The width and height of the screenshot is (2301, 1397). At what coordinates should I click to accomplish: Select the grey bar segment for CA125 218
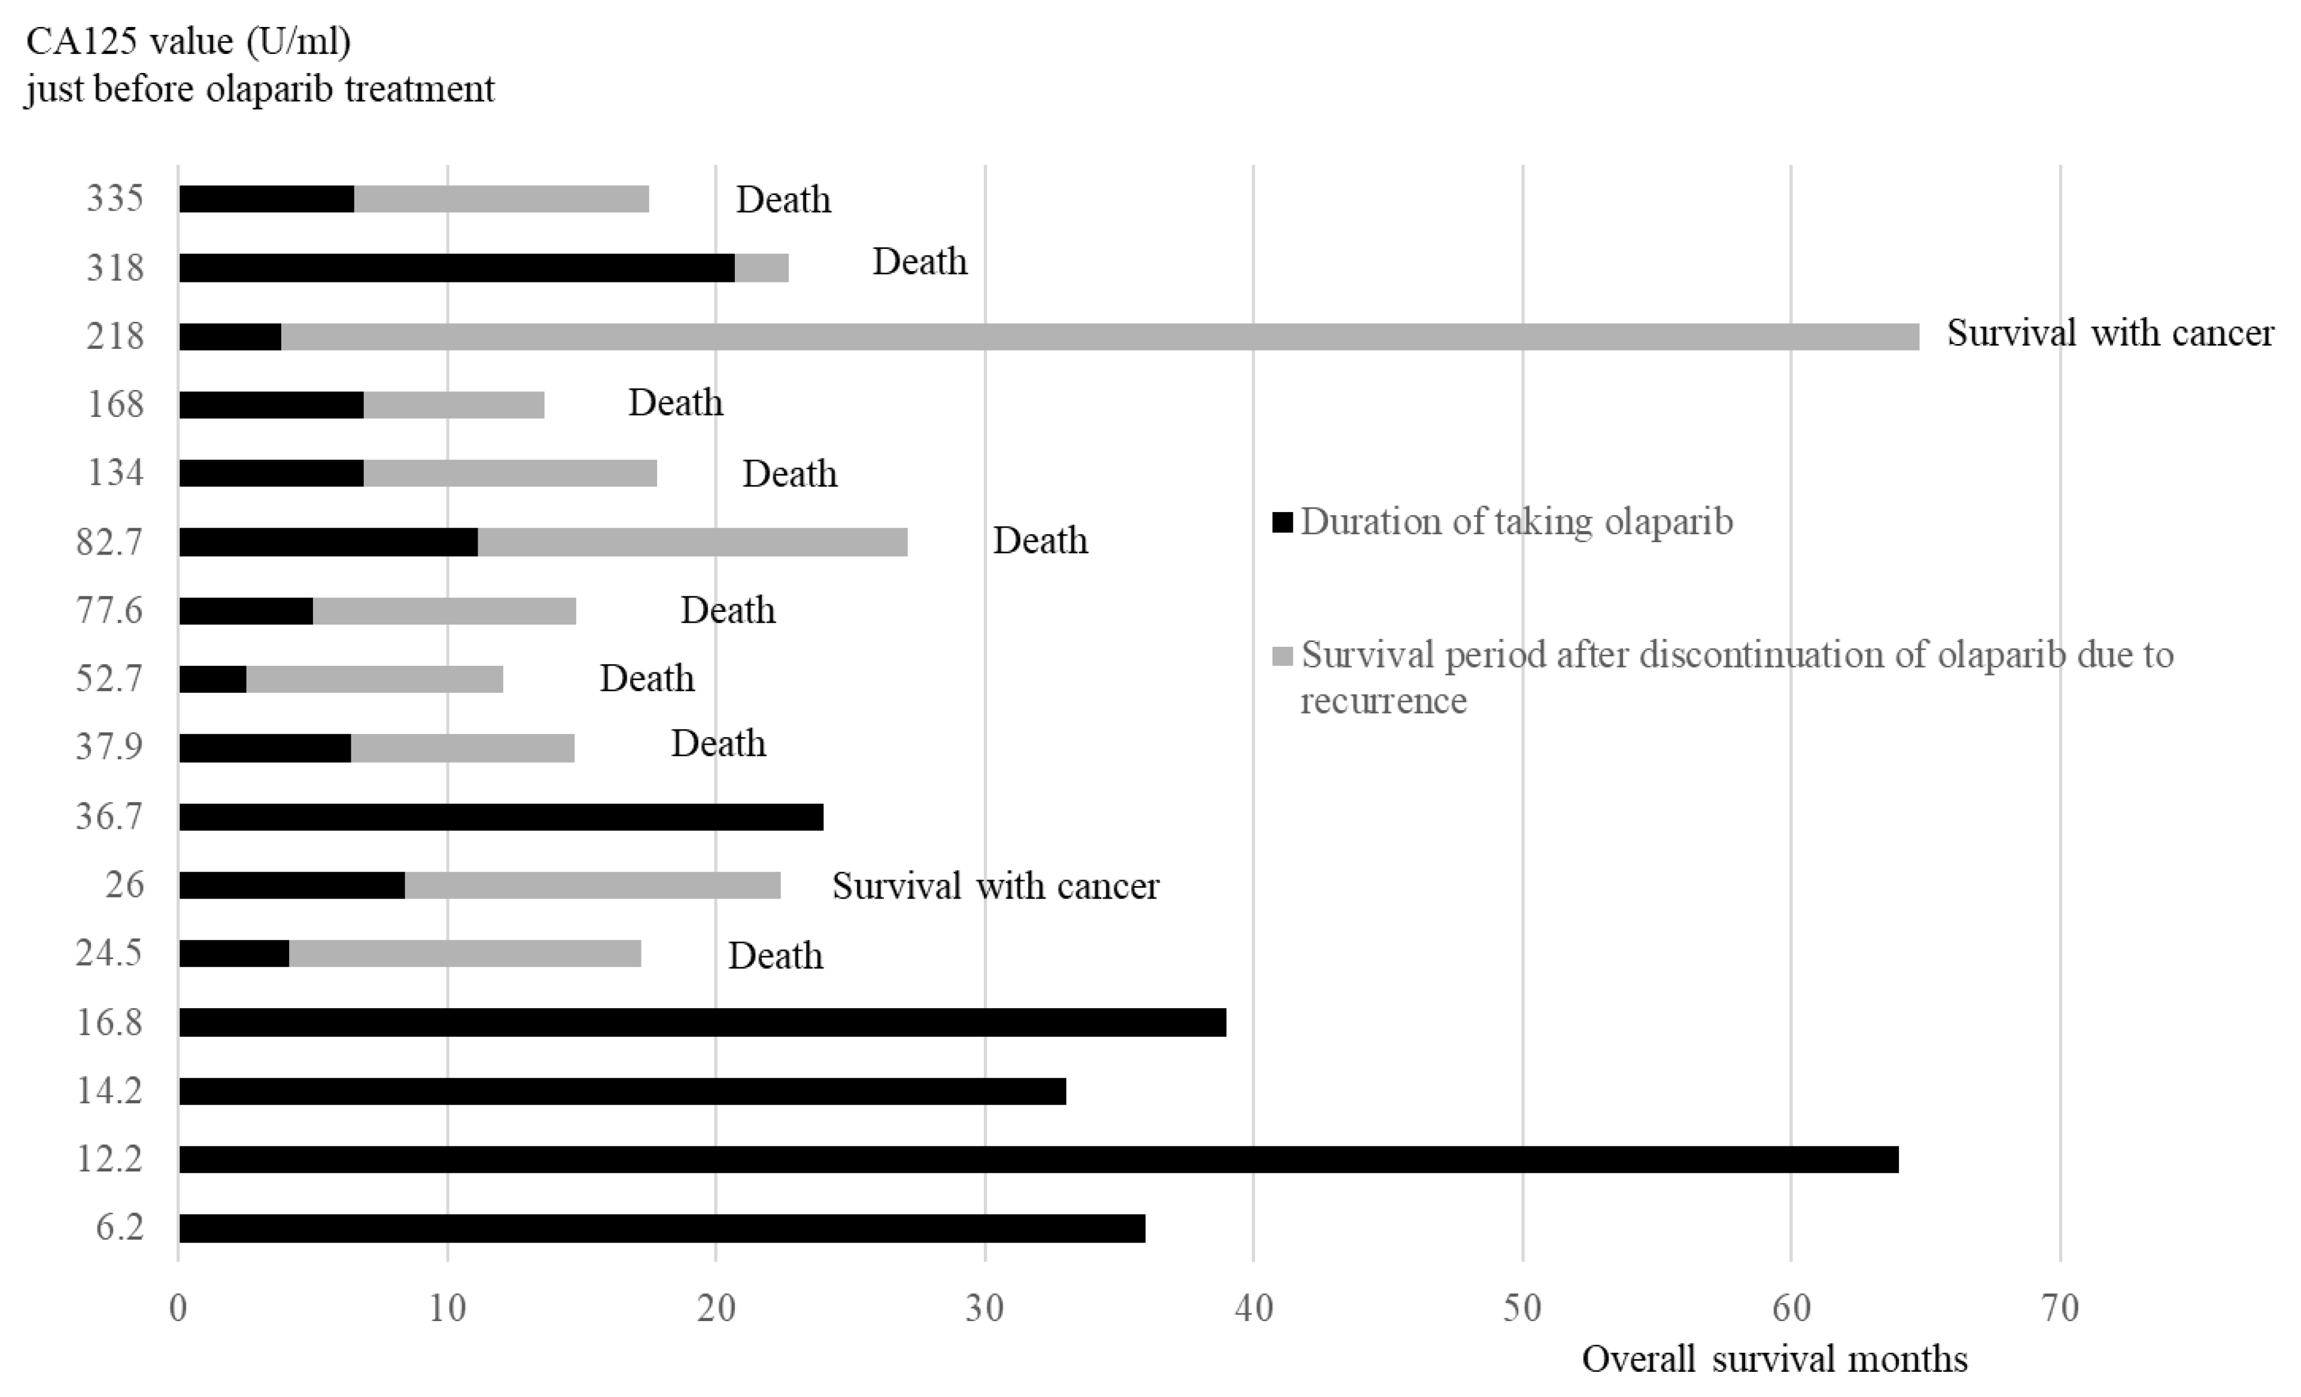(1100, 336)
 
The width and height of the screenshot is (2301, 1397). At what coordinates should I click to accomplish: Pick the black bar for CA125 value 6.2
(661, 1228)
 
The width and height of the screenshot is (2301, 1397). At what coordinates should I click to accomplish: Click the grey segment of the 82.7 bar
(692, 541)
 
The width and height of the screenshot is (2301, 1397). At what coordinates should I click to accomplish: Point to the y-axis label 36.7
(110, 816)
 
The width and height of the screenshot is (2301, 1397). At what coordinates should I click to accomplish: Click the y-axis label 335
(115, 198)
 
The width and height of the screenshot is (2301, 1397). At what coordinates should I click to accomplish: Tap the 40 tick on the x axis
(1253, 1308)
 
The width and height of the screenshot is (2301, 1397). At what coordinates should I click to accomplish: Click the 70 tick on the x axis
(2059, 1308)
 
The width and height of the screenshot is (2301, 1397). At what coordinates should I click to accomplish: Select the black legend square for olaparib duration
(1283, 522)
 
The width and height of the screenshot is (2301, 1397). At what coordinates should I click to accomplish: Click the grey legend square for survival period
(1283, 656)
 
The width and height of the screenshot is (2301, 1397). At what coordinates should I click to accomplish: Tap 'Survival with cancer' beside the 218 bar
(2109, 333)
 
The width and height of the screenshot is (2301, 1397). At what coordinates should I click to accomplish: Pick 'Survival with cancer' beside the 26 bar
(995, 885)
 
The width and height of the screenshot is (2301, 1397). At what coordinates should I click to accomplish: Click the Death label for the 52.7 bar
(646, 678)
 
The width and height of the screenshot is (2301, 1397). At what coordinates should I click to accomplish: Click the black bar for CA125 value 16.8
(701, 1022)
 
